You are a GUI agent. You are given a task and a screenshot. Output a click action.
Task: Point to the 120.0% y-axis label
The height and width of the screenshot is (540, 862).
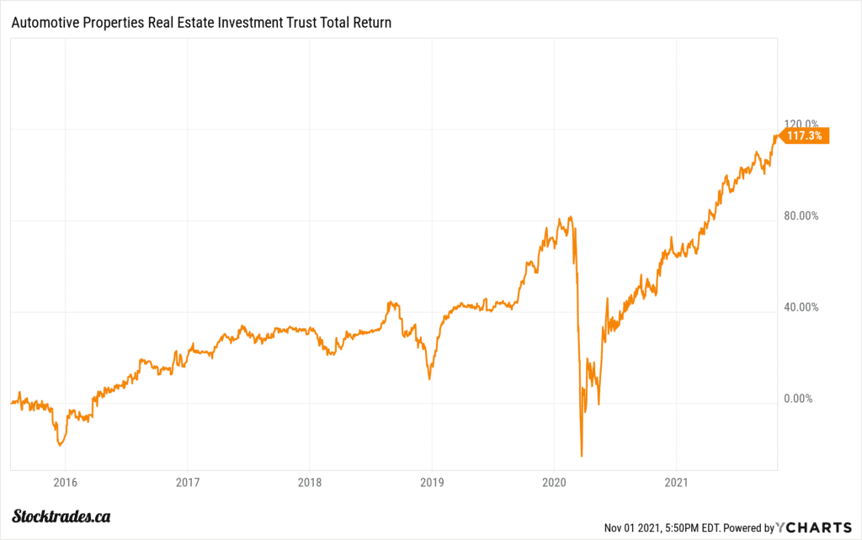[801, 124]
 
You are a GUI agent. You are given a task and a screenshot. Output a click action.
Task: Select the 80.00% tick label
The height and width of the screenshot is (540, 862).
[801, 215]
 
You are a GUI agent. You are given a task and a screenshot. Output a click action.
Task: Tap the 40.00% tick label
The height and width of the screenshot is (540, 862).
[801, 307]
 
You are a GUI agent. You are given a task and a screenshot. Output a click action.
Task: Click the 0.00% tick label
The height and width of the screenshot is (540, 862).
[797, 399]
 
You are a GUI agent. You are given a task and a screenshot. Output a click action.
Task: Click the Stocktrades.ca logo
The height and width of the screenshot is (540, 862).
[63, 516]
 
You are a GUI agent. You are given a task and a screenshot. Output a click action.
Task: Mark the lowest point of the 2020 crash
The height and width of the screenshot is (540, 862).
[582, 456]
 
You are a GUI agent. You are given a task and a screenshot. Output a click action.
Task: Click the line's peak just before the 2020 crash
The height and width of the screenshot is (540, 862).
[571, 217]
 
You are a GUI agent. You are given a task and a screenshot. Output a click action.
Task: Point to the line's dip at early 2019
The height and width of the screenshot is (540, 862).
[429, 379]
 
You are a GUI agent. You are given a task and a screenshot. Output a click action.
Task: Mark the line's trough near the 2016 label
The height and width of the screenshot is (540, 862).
[60, 445]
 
